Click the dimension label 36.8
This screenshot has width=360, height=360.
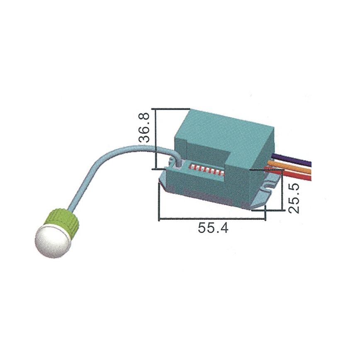point(144,129)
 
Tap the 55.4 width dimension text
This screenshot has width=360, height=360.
point(212,228)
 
